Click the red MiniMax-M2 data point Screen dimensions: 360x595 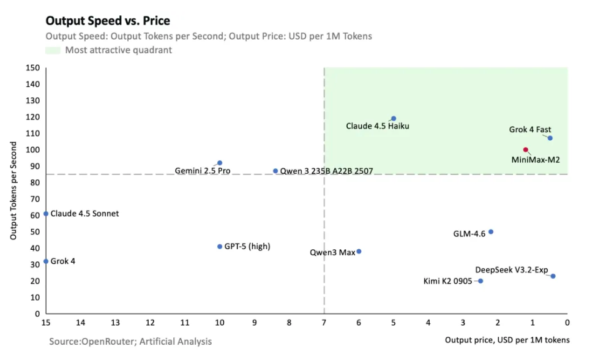[x=525, y=150]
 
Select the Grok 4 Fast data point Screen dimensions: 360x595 [x=550, y=138]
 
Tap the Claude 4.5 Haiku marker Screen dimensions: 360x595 [x=394, y=119]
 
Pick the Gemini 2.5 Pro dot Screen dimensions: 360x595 [x=220, y=163]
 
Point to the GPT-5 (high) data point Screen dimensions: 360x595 [x=220, y=247]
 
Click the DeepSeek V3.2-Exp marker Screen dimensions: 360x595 [x=553, y=276]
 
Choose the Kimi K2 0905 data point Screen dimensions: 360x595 [x=481, y=281]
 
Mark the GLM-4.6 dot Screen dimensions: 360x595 [x=491, y=232]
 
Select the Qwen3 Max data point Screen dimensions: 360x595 [x=359, y=252]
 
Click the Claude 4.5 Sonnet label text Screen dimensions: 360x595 [x=84, y=214]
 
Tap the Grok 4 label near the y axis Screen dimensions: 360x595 [x=63, y=261]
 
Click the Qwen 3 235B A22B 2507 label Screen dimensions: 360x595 [x=326, y=171]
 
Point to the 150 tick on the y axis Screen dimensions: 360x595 [x=34, y=68]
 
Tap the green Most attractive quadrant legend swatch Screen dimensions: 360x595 [x=53, y=50]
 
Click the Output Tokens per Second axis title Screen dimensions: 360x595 [x=13, y=192]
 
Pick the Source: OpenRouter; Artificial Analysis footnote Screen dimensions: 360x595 [x=130, y=341]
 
